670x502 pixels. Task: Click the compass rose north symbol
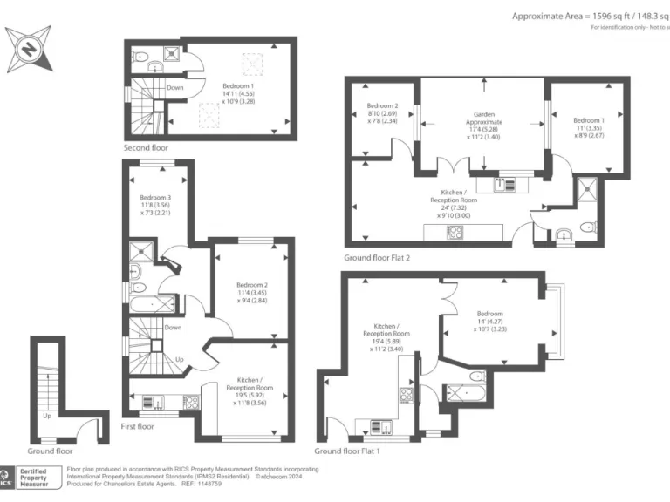coord(30,49)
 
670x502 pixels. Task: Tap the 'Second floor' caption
coord(145,148)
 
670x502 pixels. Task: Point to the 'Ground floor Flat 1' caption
coord(347,451)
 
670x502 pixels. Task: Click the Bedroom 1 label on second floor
coord(238,93)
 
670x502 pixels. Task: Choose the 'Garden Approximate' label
coord(484,125)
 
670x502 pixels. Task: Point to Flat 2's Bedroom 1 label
coord(589,127)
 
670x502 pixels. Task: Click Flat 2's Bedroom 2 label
coord(382,113)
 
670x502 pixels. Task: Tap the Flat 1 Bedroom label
coord(489,321)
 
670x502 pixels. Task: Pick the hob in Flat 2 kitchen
coord(455,232)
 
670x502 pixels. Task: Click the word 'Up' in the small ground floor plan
coord(47,416)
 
